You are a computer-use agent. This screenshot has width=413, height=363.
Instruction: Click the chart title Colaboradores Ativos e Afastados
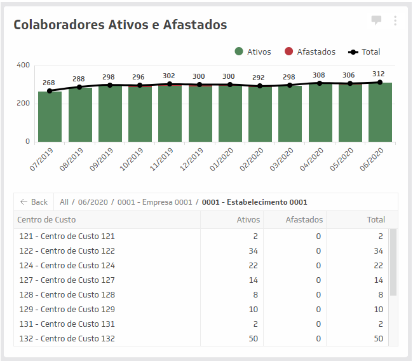(120, 25)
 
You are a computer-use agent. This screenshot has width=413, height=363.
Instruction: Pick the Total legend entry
(370, 51)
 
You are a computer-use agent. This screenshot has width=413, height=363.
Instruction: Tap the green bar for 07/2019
(50, 118)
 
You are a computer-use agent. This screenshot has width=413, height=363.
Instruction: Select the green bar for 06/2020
(379, 113)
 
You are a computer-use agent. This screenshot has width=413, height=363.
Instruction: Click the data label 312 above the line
(379, 73)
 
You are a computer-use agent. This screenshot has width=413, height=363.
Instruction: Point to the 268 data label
(49, 83)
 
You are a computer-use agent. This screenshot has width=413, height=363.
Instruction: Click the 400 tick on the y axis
(23, 65)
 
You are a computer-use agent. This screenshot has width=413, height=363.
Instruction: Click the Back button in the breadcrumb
(34, 202)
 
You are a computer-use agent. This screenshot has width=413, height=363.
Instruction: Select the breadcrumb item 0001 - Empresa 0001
(154, 202)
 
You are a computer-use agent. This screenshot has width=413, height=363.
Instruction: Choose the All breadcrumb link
(64, 202)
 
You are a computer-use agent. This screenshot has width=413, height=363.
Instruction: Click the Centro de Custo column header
(46, 220)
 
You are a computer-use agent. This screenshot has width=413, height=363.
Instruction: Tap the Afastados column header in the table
(304, 220)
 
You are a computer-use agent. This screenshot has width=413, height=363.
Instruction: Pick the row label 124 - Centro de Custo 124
(67, 265)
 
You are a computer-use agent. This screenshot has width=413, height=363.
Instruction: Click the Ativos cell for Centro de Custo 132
(253, 338)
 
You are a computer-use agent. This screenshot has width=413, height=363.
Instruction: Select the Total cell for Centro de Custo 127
(378, 280)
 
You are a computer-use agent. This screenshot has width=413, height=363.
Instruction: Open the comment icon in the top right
(376, 20)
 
